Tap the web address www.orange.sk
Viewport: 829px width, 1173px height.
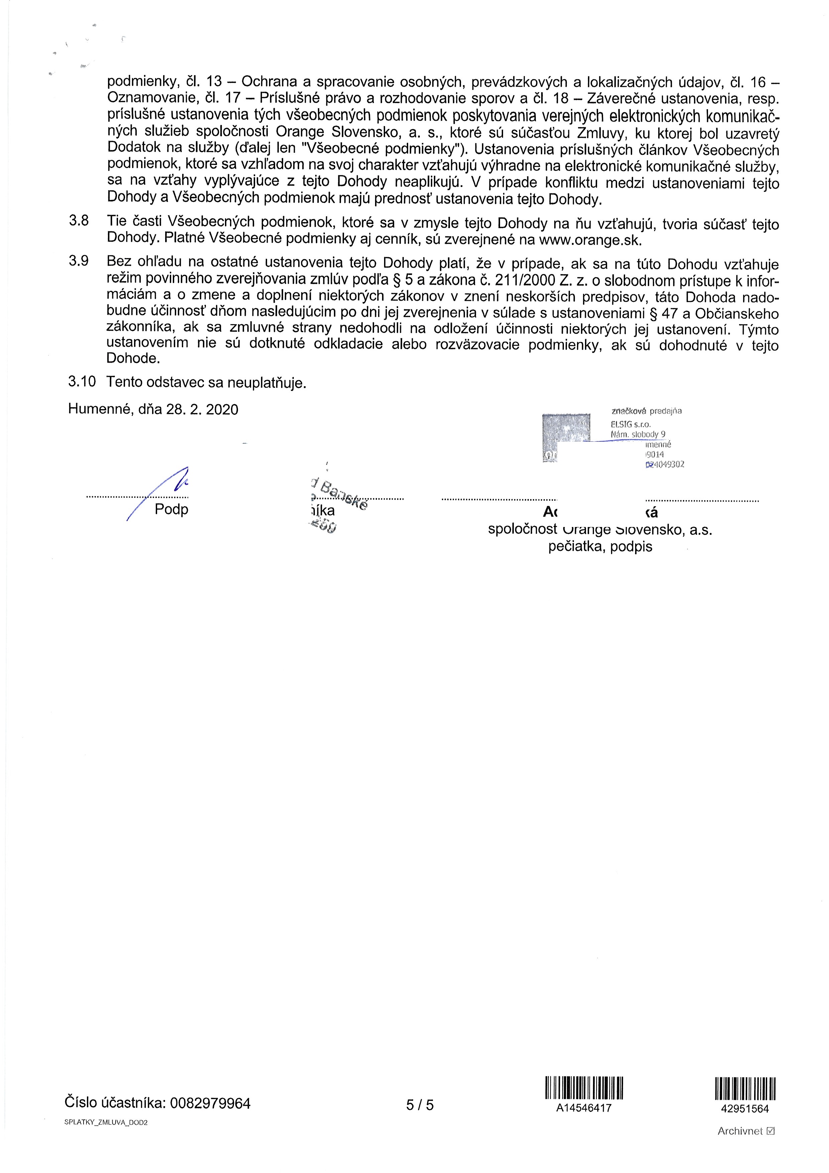[590, 240]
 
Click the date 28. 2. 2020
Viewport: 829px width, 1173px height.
[202, 409]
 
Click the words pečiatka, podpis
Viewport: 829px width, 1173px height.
[600, 547]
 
